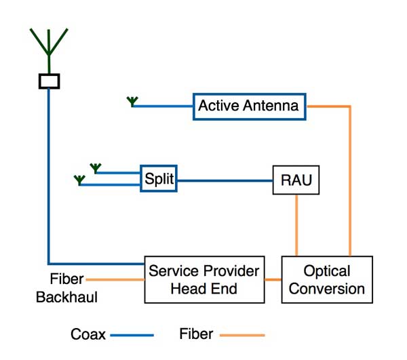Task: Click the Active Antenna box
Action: [248, 106]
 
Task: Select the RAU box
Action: [296, 180]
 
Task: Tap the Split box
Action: [159, 180]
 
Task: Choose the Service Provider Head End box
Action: [203, 279]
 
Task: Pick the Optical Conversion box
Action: [327, 279]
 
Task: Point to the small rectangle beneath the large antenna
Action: [49, 81]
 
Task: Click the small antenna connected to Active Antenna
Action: [132, 102]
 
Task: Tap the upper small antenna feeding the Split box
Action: [96, 167]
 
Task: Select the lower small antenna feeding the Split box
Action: [80, 180]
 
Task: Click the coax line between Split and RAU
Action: [224, 180]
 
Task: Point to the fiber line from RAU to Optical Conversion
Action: [296, 225]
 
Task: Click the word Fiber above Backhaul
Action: [67, 279]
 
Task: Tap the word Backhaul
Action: [66, 297]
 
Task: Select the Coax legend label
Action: [88, 334]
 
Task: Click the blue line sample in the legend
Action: [132, 334]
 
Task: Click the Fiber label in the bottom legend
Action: [196, 334]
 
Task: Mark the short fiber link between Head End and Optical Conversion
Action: [272, 279]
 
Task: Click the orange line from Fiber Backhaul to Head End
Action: [115, 279]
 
